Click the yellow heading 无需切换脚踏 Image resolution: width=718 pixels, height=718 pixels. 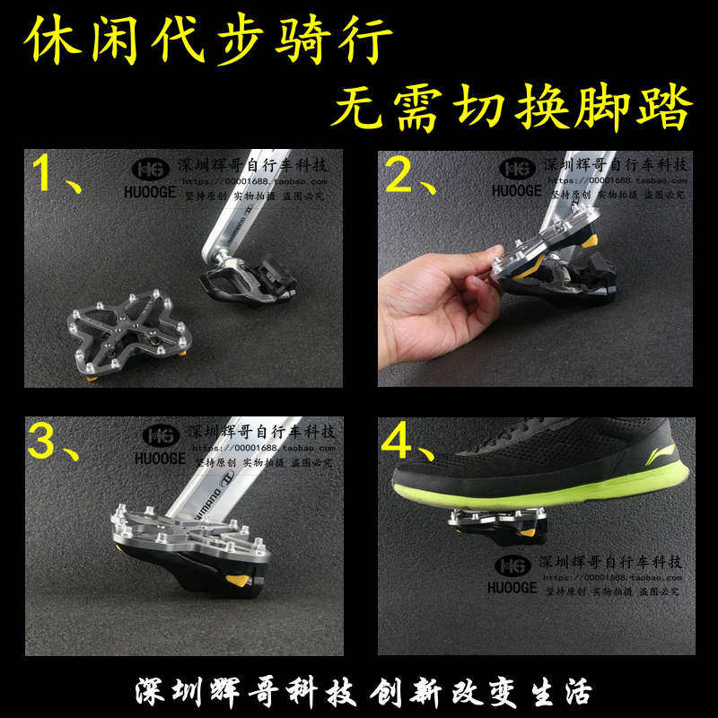pos(512,109)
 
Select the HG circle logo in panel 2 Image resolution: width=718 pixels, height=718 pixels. pos(517,168)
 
